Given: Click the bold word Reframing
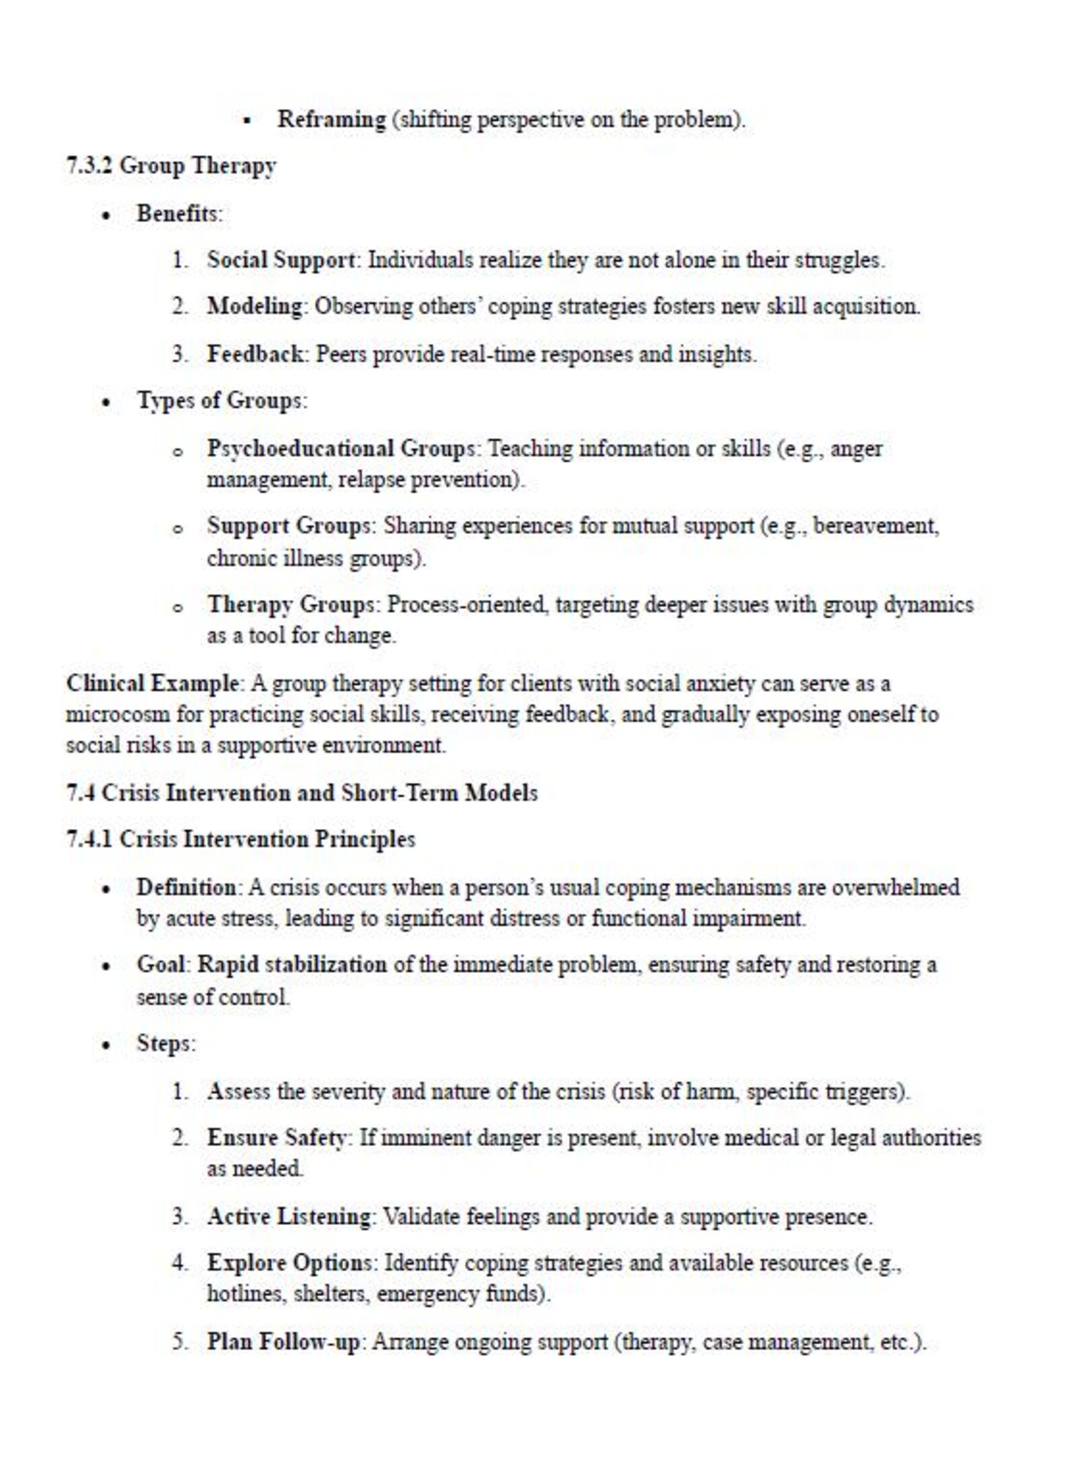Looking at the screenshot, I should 332,120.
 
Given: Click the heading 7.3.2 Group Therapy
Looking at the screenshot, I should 171,166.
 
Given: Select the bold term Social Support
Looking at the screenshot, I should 281,260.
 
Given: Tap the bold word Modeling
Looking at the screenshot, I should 255,307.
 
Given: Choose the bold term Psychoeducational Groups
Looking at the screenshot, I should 341,448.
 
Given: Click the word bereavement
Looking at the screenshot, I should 875,526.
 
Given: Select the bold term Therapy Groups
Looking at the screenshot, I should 290,604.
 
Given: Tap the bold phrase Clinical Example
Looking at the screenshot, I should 152,683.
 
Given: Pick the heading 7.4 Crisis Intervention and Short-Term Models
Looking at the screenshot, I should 302,793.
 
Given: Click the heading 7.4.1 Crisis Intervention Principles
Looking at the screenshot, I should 241,840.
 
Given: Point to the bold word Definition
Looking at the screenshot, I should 186,888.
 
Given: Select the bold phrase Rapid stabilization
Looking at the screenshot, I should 292,965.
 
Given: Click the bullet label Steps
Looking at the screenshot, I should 164,1043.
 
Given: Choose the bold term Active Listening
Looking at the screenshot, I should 289,1216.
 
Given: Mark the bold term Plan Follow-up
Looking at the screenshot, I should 284,1341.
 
